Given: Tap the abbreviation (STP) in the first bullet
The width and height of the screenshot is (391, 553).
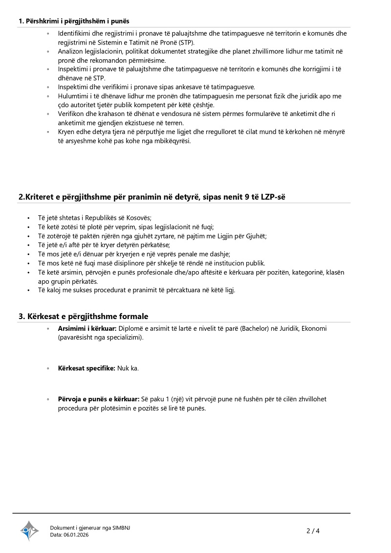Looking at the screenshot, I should click(184, 42).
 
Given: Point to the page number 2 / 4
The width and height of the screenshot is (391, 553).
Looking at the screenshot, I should click(313, 530).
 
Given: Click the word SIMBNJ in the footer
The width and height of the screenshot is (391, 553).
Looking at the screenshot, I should click(121, 528).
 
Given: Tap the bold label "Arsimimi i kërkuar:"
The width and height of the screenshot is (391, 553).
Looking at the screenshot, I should click(87, 328).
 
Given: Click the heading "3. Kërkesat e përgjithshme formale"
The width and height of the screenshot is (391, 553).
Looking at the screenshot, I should click(83, 316).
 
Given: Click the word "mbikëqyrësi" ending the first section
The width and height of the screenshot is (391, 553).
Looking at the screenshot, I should click(173, 141).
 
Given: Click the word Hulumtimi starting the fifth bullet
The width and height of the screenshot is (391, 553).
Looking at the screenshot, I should click(74, 96).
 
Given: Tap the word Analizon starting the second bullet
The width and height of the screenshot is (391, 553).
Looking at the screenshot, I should click(71, 51).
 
